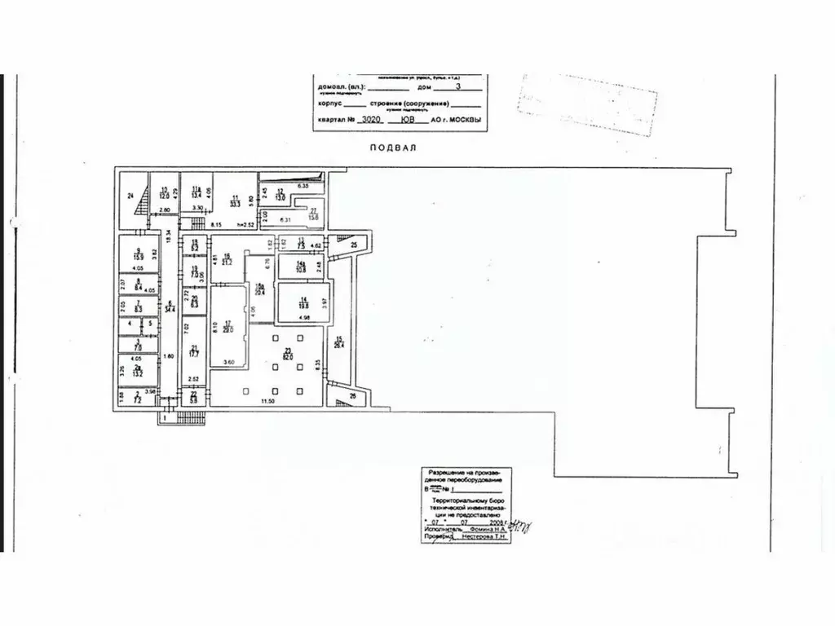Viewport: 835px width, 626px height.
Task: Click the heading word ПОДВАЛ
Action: pos(393,148)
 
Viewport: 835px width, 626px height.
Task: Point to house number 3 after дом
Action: pos(457,85)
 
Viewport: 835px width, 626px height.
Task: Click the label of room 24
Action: pos(130,196)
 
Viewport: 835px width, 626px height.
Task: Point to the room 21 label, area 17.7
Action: pos(193,350)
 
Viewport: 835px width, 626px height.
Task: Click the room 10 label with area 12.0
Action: pos(163,192)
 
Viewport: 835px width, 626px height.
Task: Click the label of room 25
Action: pos(354,245)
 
